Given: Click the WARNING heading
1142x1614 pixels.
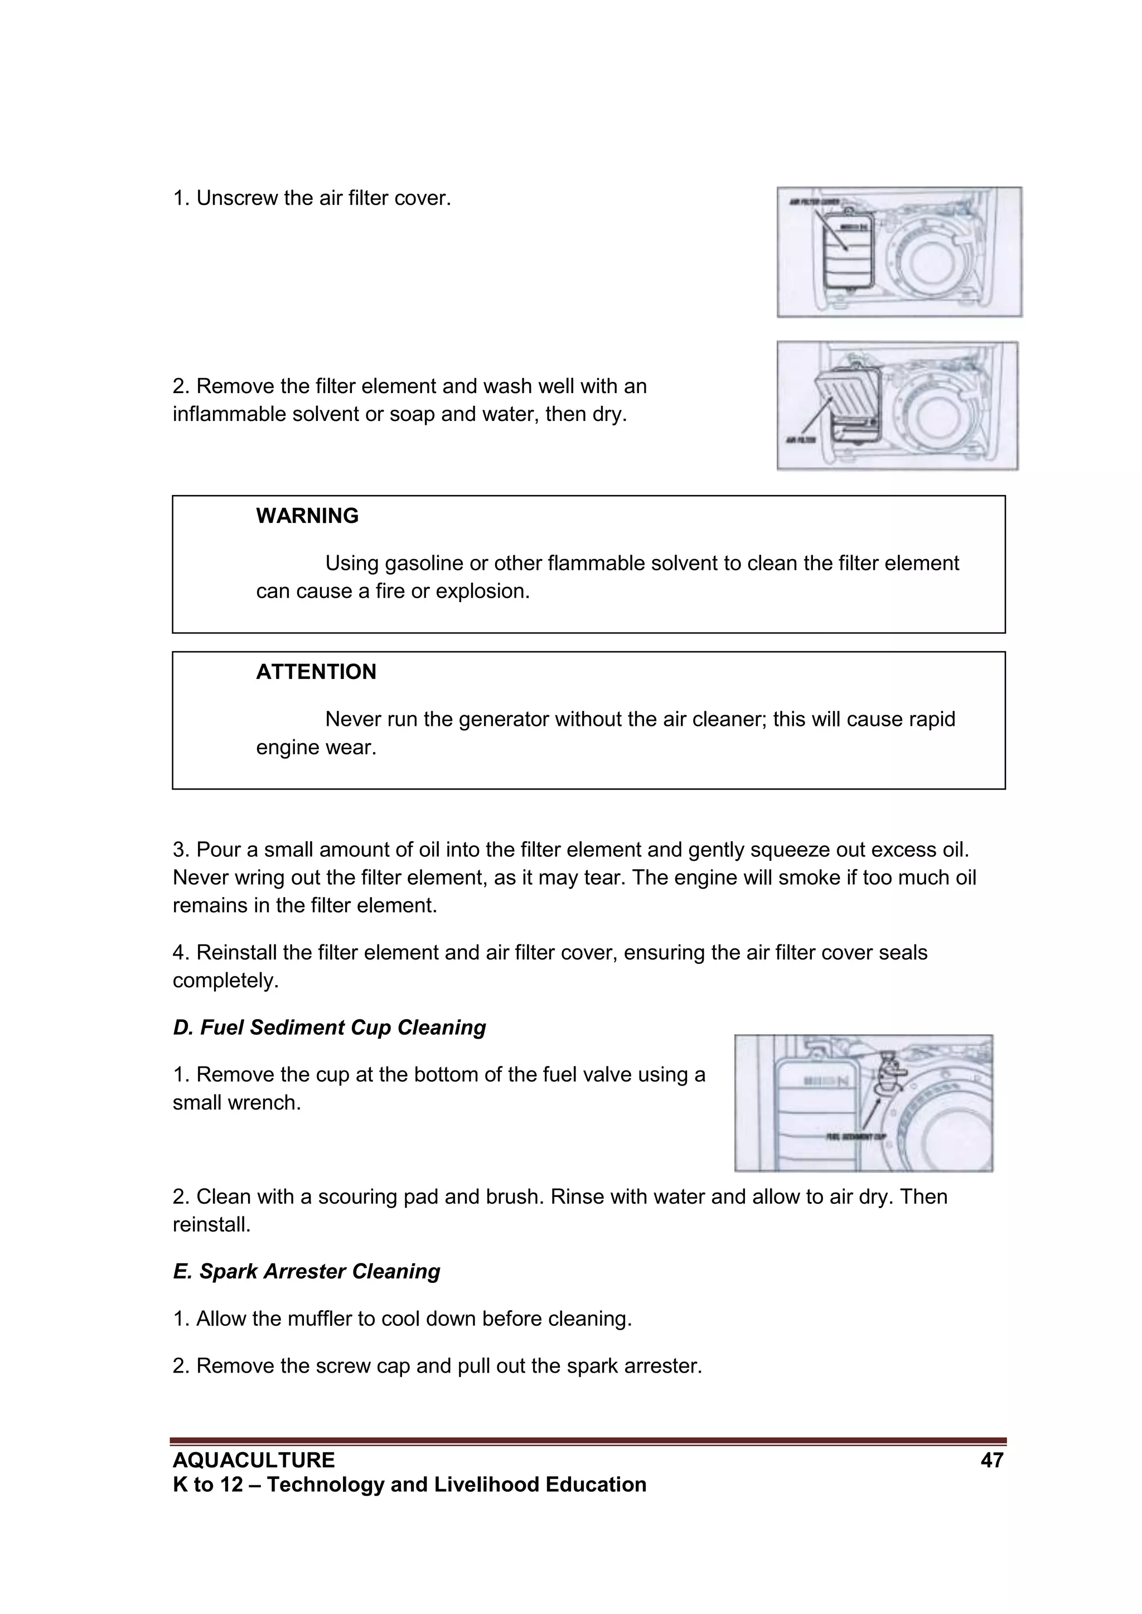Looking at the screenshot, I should pyautogui.click(x=307, y=516).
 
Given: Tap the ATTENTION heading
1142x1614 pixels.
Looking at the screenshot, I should pyautogui.click(x=316, y=672).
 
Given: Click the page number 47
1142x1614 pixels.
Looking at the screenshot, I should pyautogui.click(x=991, y=1460).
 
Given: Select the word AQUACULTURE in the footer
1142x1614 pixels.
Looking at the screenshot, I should pyautogui.click(x=254, y=1460).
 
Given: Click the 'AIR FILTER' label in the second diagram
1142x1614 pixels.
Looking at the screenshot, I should pyautogui.click(x=800, y=440).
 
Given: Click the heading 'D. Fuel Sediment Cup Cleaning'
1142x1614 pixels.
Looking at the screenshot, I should pyautogui.click(x=329, y=1027).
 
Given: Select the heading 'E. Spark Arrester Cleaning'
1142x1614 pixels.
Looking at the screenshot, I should pyautogui.click(x=307, y=1272).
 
